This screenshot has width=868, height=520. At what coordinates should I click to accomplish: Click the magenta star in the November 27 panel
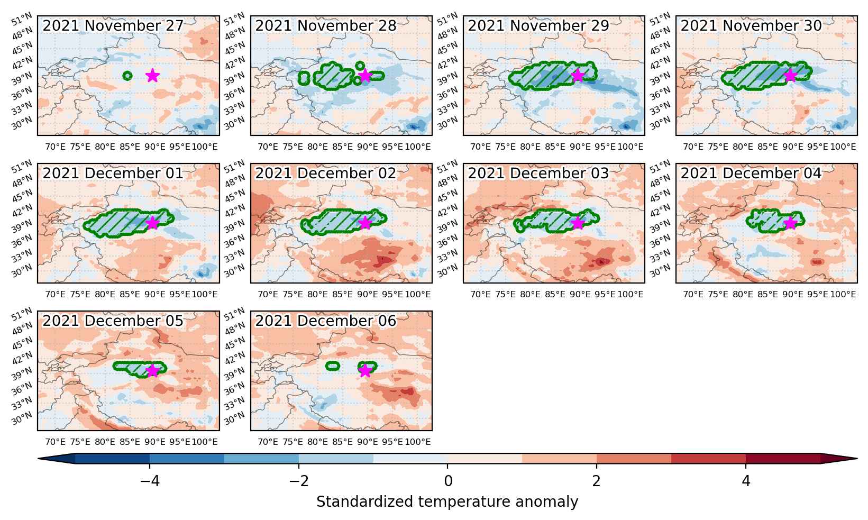(153, 76)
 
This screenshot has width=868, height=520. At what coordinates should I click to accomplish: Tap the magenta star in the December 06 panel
(366, 371)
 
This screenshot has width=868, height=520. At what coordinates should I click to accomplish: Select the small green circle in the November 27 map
(127, 76)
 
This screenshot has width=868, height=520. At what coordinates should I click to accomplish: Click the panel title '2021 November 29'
(538, 25)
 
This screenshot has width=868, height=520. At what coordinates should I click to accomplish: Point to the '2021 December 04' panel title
(751, 173)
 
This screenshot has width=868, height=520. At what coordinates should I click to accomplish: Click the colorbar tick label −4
(150, 481)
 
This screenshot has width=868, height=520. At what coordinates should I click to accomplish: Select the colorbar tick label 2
(596, 481)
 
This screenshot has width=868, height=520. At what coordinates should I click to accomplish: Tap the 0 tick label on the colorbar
(448, 481)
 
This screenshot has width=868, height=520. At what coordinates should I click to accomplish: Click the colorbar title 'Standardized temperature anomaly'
(447, 502)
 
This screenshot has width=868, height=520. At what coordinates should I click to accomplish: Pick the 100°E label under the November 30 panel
(843, 147)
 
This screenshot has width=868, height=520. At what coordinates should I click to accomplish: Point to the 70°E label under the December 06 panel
(268, 442)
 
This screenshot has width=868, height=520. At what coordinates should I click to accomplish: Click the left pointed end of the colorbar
(38, 459)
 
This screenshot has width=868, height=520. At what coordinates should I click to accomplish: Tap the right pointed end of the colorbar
(857, 459)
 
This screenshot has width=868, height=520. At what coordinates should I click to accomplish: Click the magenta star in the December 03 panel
(578, 223)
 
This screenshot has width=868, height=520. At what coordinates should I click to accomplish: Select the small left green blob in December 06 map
(333, 366)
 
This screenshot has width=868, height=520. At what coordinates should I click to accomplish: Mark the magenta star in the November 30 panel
(790, 76)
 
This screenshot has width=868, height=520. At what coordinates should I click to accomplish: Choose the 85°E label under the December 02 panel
(342, 295)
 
